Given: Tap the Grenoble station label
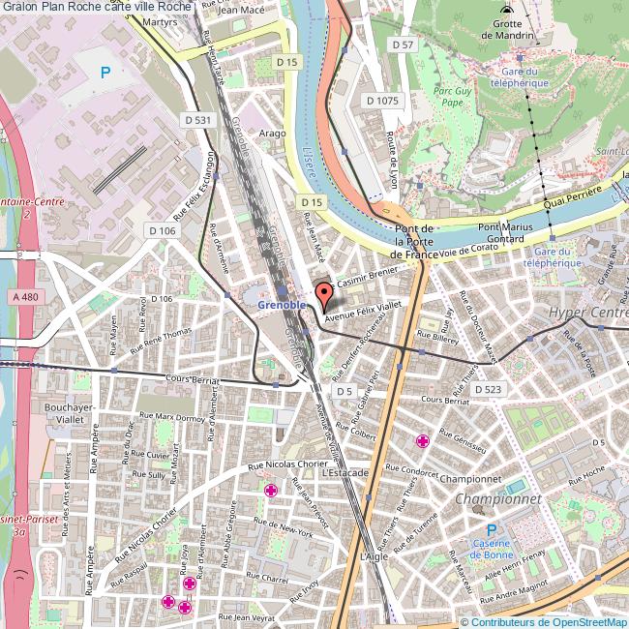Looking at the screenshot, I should (282, 304).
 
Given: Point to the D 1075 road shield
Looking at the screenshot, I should (382, 100).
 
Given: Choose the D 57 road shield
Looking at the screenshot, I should (402, 45).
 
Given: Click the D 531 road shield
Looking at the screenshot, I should (196, 120).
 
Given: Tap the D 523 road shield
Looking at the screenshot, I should (488, 388).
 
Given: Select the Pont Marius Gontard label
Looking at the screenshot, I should (506, 232).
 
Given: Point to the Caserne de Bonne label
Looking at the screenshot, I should (491, 549).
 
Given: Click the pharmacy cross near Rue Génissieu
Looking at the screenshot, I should (422, 441).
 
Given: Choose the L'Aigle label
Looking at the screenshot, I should (373, 557).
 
